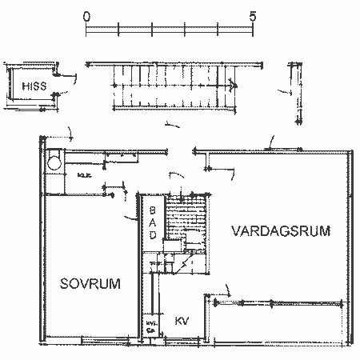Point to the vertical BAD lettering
click(x=153, y=223)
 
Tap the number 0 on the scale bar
click(x=86, y=16)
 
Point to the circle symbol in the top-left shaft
click(x=53, y=162)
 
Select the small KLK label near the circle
click(x=83, y=174)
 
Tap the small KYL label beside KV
click(x=150, y=325)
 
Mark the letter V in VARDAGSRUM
click(x=236, y=230)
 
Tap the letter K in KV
click(x=178, y=320)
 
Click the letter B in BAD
click(x=153, y=211)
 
